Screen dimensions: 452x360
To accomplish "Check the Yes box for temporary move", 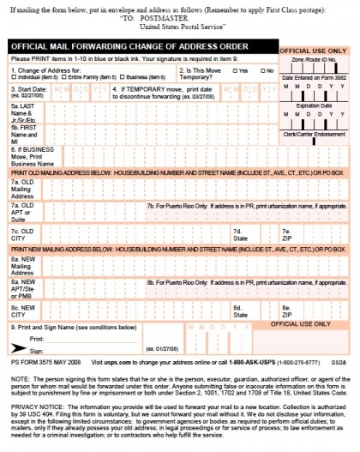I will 236,70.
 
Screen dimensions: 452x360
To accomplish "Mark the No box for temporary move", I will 261,70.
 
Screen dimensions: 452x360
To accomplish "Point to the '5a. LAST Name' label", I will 21,111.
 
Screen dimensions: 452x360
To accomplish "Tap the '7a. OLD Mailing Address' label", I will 22,190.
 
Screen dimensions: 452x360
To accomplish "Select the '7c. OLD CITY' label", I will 21,233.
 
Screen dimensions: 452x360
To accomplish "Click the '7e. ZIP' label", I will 285,233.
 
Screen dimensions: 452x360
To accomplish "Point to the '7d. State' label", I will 237,233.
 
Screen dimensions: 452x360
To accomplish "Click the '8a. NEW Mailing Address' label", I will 22,263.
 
